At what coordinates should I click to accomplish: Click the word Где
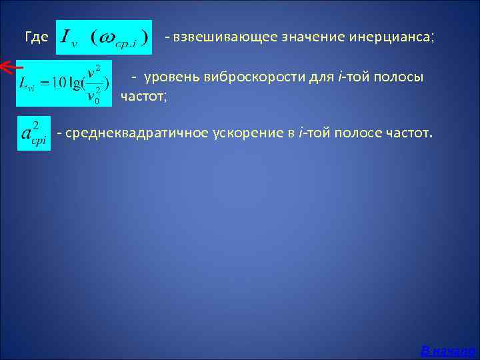pyautogui.click(x=36, y=38)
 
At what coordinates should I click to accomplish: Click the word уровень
pyautogui.click(x=173, y=79)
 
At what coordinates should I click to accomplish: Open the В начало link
pyautogui.click(x=448, y=350)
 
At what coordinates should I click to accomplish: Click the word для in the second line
pyautogui.click(x=322, y=79)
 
